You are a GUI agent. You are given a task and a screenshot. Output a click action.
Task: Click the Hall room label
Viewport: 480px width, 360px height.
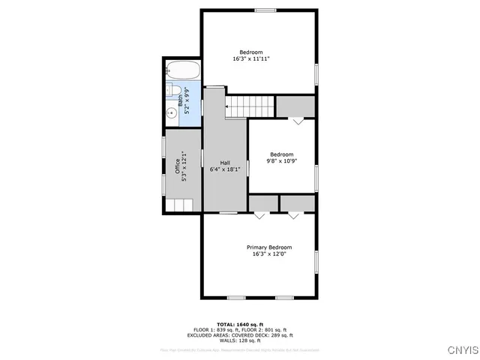click(x=225, y=163)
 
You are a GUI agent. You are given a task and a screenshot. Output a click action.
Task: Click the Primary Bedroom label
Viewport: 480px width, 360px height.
click(x=269, y=247)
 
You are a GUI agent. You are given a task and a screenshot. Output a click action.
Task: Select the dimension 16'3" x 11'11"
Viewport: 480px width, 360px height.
click(x=250, y=58)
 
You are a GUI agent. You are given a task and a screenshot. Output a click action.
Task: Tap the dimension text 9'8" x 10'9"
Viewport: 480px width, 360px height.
click(x=280, y=161)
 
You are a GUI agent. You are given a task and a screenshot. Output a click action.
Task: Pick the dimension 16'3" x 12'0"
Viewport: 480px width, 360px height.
click(x=269, y=254)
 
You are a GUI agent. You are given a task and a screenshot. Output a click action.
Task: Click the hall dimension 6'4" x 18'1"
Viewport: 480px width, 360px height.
click(x=225, y=169)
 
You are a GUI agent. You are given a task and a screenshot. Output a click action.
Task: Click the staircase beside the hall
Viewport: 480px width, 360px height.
click(x=251, y=106)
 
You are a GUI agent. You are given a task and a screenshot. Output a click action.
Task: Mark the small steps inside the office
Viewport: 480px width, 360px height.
click(x=180, y=205)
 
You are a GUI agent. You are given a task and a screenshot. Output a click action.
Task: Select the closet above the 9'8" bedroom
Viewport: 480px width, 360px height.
click(x=295, y=106)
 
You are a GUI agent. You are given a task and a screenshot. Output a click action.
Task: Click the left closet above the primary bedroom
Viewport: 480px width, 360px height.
click(x=262, y=203)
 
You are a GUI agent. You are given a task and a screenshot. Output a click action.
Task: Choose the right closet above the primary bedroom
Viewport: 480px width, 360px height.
click(x=297, y=203)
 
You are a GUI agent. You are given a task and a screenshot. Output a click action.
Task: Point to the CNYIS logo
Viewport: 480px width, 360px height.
click(x=459, y=349)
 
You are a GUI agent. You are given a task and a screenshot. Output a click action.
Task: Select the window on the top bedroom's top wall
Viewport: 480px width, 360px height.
click(x=265, y=10)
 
